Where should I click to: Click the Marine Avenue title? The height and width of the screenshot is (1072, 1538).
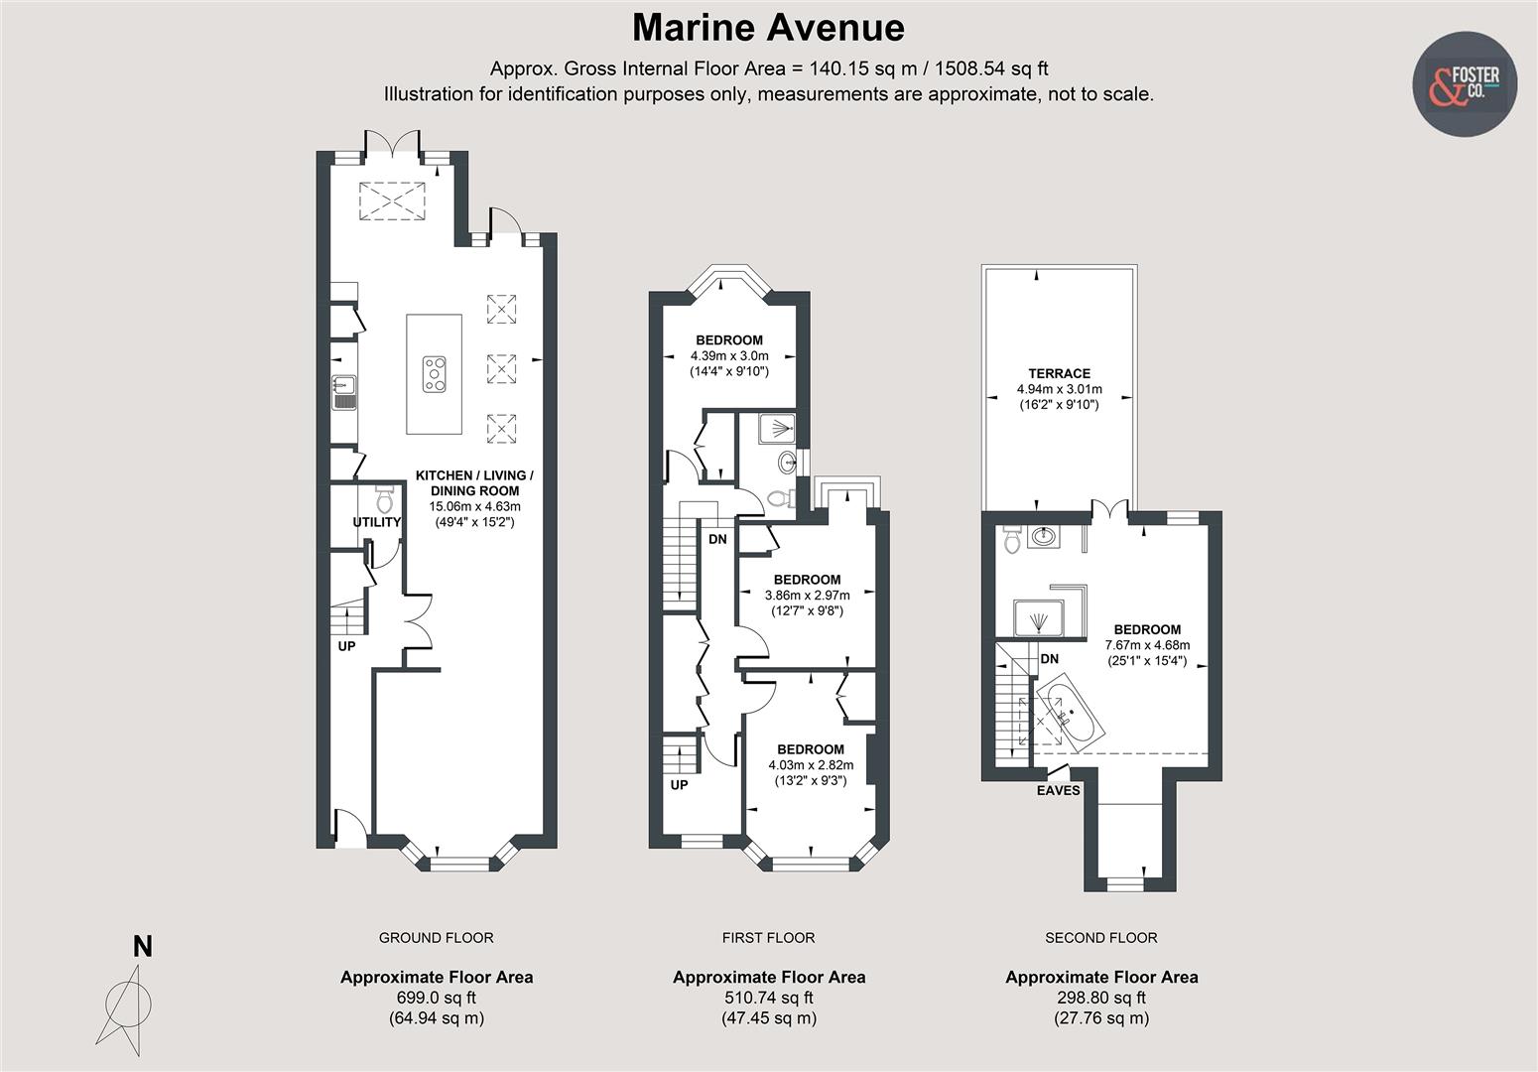click(x=768, y=28)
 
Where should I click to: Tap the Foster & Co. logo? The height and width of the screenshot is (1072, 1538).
click(x=1464, y=84)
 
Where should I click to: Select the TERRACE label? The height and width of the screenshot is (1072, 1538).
click(x=1059, y=373)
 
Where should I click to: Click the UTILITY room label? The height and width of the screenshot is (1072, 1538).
click(x=377, y=522)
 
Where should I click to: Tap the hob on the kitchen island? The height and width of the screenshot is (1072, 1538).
click(x=435, y=374)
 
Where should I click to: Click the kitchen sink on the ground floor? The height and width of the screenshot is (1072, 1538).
click(x=344, y=392)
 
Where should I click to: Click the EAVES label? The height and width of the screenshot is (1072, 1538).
click(x=1058, y=791)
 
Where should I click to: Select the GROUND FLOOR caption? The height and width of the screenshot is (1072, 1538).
click(x=436, y=937)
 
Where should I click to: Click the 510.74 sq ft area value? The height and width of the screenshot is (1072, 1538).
click(x=768, y=998)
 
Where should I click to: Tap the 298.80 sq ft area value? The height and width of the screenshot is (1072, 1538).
click(x=1100, y=998)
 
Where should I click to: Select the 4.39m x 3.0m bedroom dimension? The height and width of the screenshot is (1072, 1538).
click(x=729, y=356)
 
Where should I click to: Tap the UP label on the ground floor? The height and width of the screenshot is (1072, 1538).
click(x=346, y=646)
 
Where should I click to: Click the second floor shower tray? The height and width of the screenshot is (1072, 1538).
click(x=1038, y=620)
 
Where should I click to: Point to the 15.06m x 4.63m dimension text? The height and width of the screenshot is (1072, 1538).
click(x=473, y=506)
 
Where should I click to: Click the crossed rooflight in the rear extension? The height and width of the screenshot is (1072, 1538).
click(x=391, y=201)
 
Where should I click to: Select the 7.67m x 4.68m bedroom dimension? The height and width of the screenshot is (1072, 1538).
click(x=1147, y=645)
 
